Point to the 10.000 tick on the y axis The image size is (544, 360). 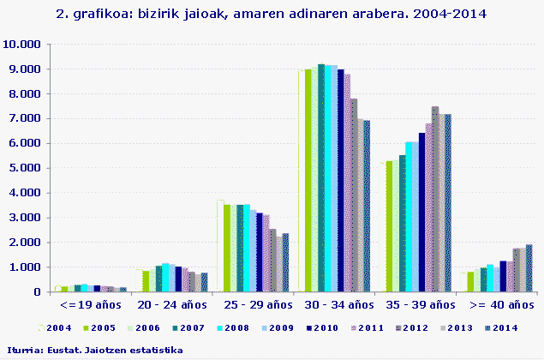pyautogui.click(x=21, y=45)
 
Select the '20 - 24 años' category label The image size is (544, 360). pyautogui.click(x=170, y=304)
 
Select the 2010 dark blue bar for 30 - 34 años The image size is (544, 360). pyautogui.click(x=340, y=180)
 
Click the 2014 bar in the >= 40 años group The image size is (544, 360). pyautogui.click(x=529, y=268)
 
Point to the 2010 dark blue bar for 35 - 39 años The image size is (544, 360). pyautogui.click(x=421, y=212)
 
